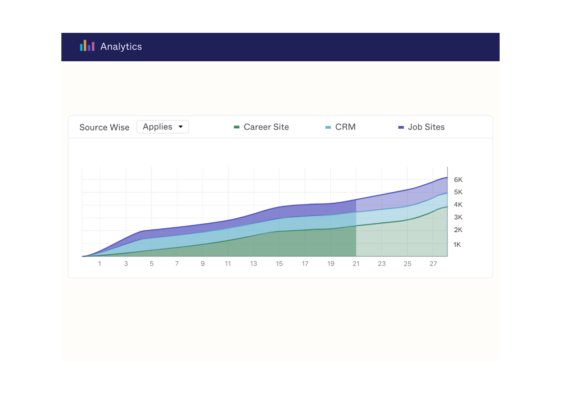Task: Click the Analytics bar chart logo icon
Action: (x=87, y=46)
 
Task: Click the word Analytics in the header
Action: (x=121, y=46)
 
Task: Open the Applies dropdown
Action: (x=163, y=127)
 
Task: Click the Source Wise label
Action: (x=104, y=127)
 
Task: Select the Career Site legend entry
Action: (x=266, y=127)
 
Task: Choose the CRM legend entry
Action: (x=345, y=127)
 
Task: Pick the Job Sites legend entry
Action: (x=426, y=127)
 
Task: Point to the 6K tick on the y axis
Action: (x=458, y=179)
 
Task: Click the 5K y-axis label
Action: (x=458, y=192)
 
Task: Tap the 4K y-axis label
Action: (x=458, y=205)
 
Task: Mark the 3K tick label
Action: (x=458, y=218)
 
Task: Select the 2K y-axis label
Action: (x=458, y=230)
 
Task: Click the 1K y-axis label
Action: (x=457, y=245)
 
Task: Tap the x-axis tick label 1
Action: (x=99, y=264)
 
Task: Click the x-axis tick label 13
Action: (x=253, y=264)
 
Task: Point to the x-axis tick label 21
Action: (x=356, y=264)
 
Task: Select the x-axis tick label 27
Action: (x=433, y=264)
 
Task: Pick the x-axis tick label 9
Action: (x=202, y=264)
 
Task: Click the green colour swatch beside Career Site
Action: (x=237, y=127)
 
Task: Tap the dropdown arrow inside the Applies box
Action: (x=181, y=127)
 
